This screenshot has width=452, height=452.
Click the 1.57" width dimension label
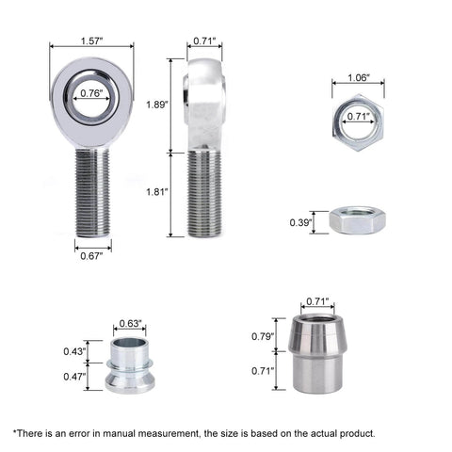[x=91, y=42]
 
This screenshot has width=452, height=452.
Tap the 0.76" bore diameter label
[x=91, y=93]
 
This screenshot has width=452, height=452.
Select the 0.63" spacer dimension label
[x=131, y=324]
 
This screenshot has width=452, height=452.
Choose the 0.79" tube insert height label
[x=262, y=336]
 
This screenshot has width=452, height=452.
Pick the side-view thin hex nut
[x=355, y=223]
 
